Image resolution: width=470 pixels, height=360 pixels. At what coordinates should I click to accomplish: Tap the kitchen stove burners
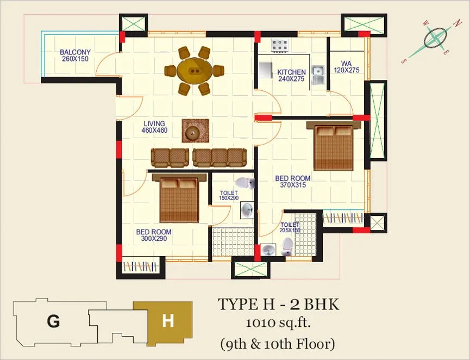point(279,46)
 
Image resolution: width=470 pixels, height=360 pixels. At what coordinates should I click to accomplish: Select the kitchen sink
point(317,75)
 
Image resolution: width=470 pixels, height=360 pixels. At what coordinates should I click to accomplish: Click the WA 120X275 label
point(346,67)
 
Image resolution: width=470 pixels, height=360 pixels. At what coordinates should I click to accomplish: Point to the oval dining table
point(194,71)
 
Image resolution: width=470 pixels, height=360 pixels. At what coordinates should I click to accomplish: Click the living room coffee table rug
point(196,131)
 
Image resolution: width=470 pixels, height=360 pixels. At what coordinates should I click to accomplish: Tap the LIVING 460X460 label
point(154,127)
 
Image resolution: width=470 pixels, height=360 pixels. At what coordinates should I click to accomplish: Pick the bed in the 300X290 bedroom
point(179,198)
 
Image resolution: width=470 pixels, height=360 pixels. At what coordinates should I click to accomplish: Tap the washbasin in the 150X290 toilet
point(247,210)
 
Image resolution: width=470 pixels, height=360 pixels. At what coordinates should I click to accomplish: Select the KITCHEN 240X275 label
point(291,75)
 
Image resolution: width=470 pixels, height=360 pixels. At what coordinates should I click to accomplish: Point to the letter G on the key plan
point(53,321)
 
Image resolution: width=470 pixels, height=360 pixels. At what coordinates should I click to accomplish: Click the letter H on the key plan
point(168,321)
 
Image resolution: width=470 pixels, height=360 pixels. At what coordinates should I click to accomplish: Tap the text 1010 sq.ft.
point(278,324)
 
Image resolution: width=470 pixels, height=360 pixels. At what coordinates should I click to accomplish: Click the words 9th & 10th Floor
point(278,344)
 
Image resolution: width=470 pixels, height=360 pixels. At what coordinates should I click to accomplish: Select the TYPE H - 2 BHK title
point(279,304)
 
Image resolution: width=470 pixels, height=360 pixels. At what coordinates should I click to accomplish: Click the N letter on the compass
point(457,23)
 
